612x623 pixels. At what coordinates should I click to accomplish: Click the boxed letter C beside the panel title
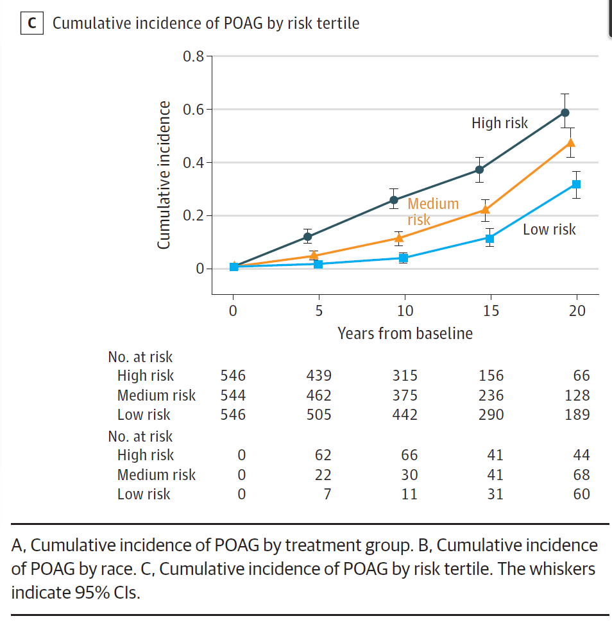[x=31, y=24]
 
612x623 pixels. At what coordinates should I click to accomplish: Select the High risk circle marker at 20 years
[x=565, y=112]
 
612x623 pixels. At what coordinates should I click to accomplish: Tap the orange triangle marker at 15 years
[x=485, y=209]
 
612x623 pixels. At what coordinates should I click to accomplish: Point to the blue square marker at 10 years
[x=403, y=258]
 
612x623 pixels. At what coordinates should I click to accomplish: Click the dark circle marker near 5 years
[x=307, y=237]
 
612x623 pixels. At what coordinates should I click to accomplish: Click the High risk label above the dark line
[x=499, y=123]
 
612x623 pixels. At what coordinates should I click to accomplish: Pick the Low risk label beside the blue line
[x=549, y=229]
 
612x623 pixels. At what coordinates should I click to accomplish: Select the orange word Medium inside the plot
[x=433, y=204]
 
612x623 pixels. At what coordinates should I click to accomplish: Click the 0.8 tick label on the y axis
[x=192, y=56]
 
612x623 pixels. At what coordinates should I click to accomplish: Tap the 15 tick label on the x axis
[x=491, y=311]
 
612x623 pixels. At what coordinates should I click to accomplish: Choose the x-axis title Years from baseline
[x=405, y=333]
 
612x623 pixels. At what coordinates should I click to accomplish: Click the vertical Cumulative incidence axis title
[x=164, y=174]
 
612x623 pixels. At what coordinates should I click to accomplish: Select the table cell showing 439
[x=319, y=376]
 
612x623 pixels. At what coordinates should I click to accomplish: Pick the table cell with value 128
[x=577, y=395]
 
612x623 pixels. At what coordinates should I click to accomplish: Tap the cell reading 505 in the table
[x=319, y=415]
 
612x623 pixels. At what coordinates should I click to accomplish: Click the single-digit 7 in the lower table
[x=327, y=494]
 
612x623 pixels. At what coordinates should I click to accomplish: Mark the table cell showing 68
[x=582, y=475]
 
